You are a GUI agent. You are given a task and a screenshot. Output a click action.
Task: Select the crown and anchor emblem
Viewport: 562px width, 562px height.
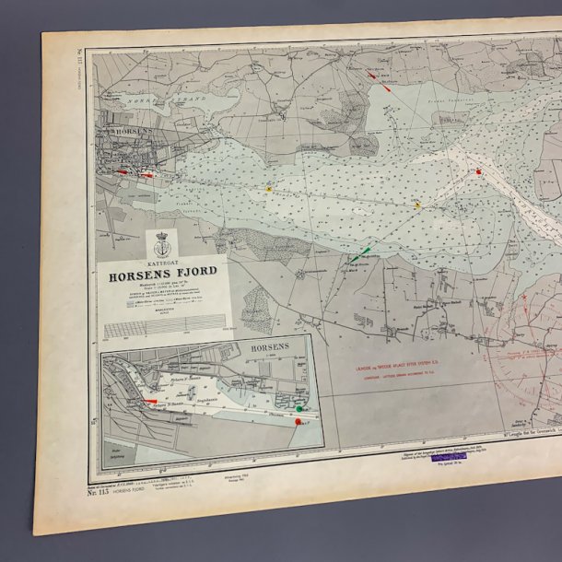[x=163, y=243]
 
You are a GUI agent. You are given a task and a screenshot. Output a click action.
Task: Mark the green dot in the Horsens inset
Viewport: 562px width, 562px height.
[x=299, y=407]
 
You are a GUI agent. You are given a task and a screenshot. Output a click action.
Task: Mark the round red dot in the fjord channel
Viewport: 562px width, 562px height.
[x=480, y=171]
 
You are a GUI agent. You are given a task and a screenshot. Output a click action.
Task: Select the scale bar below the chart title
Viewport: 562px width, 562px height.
[x=164, y=325]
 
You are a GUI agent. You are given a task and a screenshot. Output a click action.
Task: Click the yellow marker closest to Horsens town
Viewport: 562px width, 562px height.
[x=269, y=189]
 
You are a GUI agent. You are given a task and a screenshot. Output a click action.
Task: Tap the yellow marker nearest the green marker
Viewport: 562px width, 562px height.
[x=417, y=205]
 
